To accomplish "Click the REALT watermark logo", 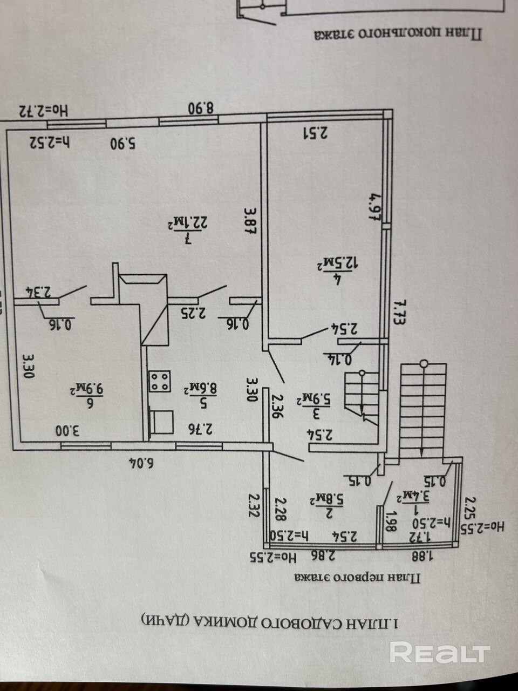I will (439, 653).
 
